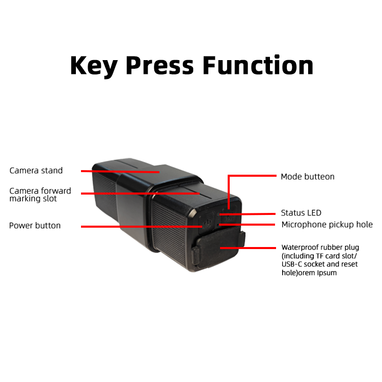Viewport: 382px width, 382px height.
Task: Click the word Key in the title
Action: pos(94,66)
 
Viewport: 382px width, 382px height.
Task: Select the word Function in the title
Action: pos(258,66)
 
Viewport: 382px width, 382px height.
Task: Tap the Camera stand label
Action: pos(36,171)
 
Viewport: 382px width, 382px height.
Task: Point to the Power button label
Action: pos(35,226)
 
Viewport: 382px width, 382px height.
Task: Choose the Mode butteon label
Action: pos(308,177)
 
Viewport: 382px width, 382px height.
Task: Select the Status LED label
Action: pos(301,213)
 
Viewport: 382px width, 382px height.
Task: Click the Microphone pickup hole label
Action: pos(327,225)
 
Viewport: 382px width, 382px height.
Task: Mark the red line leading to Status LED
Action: pos(250,213)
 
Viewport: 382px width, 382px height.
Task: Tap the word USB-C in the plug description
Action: pos(292,264)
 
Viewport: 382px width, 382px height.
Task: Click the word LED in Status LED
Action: pos(314,213)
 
